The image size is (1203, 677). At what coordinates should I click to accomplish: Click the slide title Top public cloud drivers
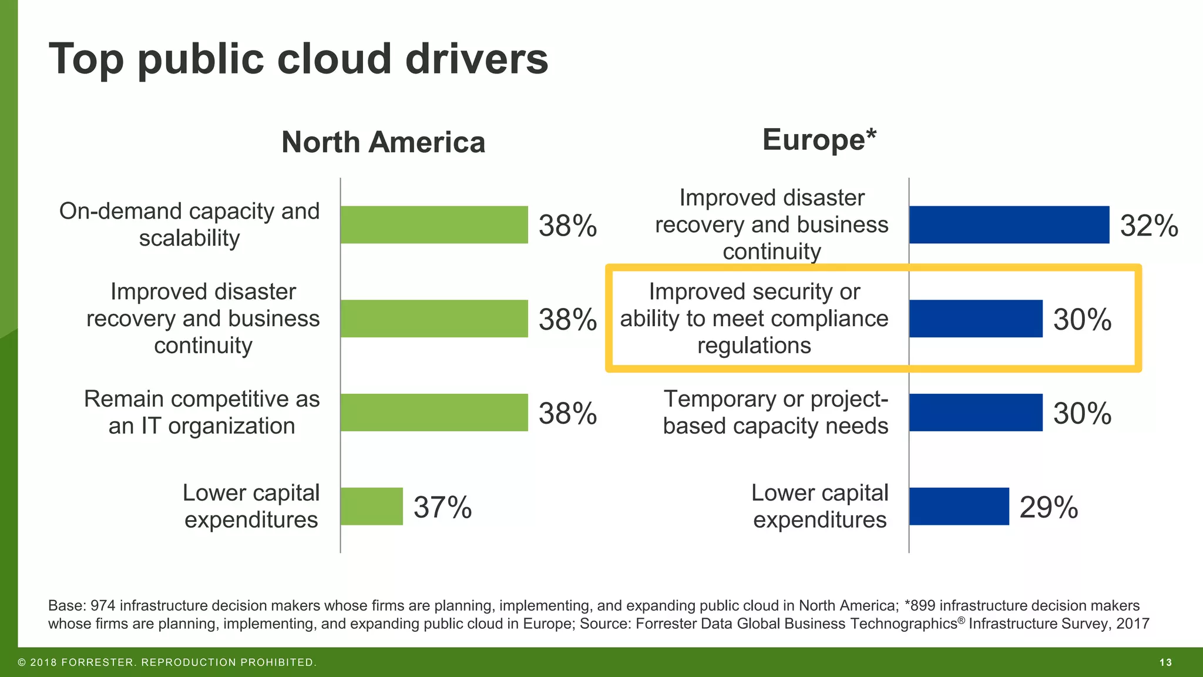(298, 59)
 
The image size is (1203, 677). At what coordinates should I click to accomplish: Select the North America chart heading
(383, 142)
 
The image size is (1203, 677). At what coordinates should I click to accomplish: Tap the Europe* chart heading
(819, 140)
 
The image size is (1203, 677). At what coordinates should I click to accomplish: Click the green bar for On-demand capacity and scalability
(434, 224)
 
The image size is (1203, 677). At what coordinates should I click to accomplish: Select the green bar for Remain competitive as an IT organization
(434, 413)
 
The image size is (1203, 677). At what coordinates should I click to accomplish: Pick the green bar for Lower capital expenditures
(372, 507)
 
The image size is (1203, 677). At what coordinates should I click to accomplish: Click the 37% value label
(442, 507)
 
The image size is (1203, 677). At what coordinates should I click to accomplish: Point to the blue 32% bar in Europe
(1009, 224)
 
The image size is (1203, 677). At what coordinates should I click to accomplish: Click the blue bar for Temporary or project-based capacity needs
(976, 413)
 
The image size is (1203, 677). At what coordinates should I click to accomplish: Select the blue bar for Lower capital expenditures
(959, 507)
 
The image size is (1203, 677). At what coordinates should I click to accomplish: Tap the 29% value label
(1049, 507)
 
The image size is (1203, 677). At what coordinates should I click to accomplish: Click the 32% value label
(1149, 226)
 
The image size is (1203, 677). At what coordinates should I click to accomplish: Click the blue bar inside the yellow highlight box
(976, 319)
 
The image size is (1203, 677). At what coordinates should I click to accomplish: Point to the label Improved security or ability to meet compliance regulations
(754, 319)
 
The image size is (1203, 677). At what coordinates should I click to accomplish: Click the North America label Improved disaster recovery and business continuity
(203, 319)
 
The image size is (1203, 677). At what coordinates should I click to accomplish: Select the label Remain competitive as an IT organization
(201, 413)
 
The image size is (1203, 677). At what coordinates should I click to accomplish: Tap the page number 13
(1165, 662)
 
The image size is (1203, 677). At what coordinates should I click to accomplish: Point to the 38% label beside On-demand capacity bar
(567, 226)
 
